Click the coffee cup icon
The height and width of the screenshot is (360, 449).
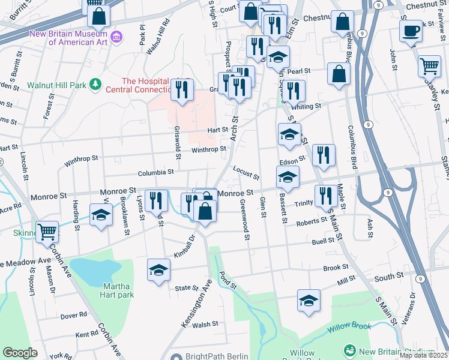pos(411,31)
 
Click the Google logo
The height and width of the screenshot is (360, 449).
pos(20,353)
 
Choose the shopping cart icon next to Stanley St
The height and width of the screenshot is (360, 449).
pos(429,66)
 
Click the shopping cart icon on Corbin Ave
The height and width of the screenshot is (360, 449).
pos(47,232)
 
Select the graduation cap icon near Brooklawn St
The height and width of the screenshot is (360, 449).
pos(101,215)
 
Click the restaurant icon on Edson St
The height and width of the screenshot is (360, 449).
pos(324,155)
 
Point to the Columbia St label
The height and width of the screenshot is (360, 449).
pos(155,172)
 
